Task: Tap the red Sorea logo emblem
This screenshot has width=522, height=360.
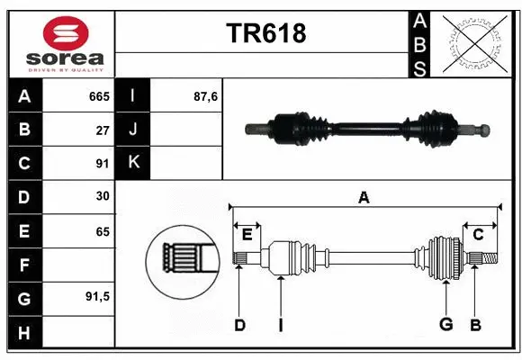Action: [66, 33]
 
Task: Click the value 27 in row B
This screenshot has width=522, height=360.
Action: [103, 130]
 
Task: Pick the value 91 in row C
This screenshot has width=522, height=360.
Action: [103, 164]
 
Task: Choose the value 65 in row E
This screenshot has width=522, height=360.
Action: [103, 231]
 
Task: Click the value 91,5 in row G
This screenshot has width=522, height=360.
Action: [97, 296]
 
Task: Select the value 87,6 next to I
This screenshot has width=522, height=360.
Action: [206, 95]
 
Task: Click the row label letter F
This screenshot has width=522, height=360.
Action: [23, 265]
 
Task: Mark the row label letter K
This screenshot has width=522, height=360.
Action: [133, 163]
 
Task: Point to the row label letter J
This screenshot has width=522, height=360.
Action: [133, 130]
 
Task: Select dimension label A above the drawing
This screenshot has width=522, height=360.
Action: [364, 198]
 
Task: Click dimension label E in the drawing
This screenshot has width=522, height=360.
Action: [246, 234]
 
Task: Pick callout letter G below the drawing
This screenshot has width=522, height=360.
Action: [445, 325]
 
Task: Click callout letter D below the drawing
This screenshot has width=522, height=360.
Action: [239, 325]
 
